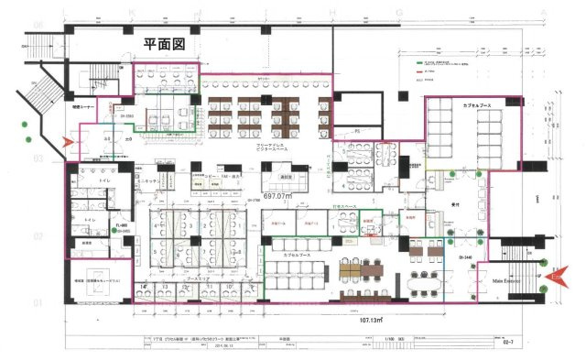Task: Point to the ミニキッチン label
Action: [151, 182]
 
